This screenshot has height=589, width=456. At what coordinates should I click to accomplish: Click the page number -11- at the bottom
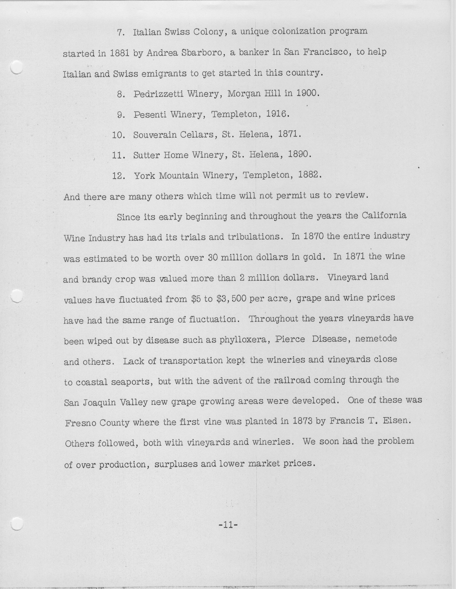pyautogui.click(x=228, y=525)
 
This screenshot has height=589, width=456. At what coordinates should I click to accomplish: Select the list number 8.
pyautogui.click(x=120, y=94)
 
